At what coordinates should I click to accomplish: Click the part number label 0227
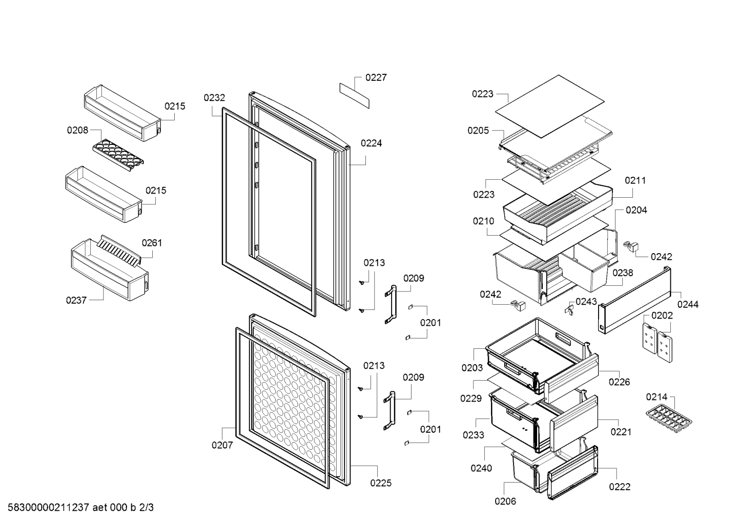click(x=376, y=77)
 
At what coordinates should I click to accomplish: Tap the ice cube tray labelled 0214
click(x=669, y=418)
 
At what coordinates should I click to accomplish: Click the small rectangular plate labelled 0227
click(x=354, y=96)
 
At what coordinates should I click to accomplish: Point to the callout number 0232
click(x=214, y=98)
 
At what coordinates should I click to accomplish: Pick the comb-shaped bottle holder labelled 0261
click(x=119, y=250)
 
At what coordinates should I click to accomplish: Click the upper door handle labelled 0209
click(x=391, y=305)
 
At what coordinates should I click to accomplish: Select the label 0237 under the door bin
click(x=76, y=300)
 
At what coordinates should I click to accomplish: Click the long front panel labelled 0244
click(x=634, y=300)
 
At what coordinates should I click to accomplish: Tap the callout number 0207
click(x=222, y=445)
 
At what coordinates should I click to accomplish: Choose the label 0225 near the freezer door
click(x=381, y=483)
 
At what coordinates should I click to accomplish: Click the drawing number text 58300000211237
click(x=49, y=508)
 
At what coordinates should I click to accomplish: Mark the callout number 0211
click(x=635, y=180)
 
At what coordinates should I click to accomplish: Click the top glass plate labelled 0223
click(x=550, y=106)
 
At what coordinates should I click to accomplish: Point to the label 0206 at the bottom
click(x=505, y=501)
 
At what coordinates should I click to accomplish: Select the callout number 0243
click(x=586, y=301)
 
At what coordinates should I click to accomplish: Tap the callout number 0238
click(x=623, y=273)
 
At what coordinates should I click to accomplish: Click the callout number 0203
click(x=472, y=367)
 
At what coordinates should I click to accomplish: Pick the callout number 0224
click(x=371, y=143)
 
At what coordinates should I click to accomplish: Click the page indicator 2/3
click(x=147, y=508)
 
